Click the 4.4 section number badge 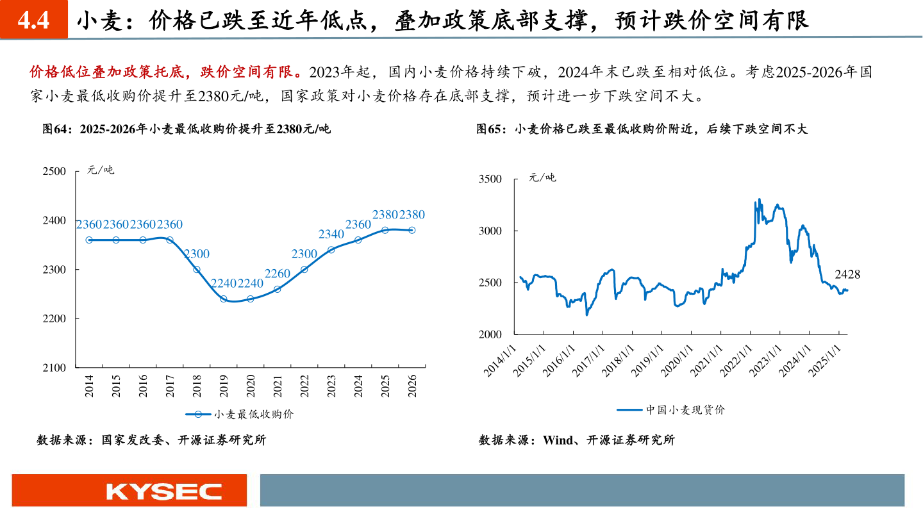click(x=33, y=21)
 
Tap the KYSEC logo click(x=164, y=491)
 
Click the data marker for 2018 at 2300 click(x=197, y=270)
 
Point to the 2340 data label click(x=331, y=235)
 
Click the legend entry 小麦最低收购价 click(x=244, y=415)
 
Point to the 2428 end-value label click(x=847, y=274)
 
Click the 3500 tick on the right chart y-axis click(x=490, y=179)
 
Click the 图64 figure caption click(x=187, y=129)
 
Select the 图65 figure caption click(x=642, y=129)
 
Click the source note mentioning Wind click(x=576, y=440)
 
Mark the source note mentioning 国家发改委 click(x=151, y=440)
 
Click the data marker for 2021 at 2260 click(x=278, y=290)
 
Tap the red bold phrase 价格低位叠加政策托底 click(x=113, y=70)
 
